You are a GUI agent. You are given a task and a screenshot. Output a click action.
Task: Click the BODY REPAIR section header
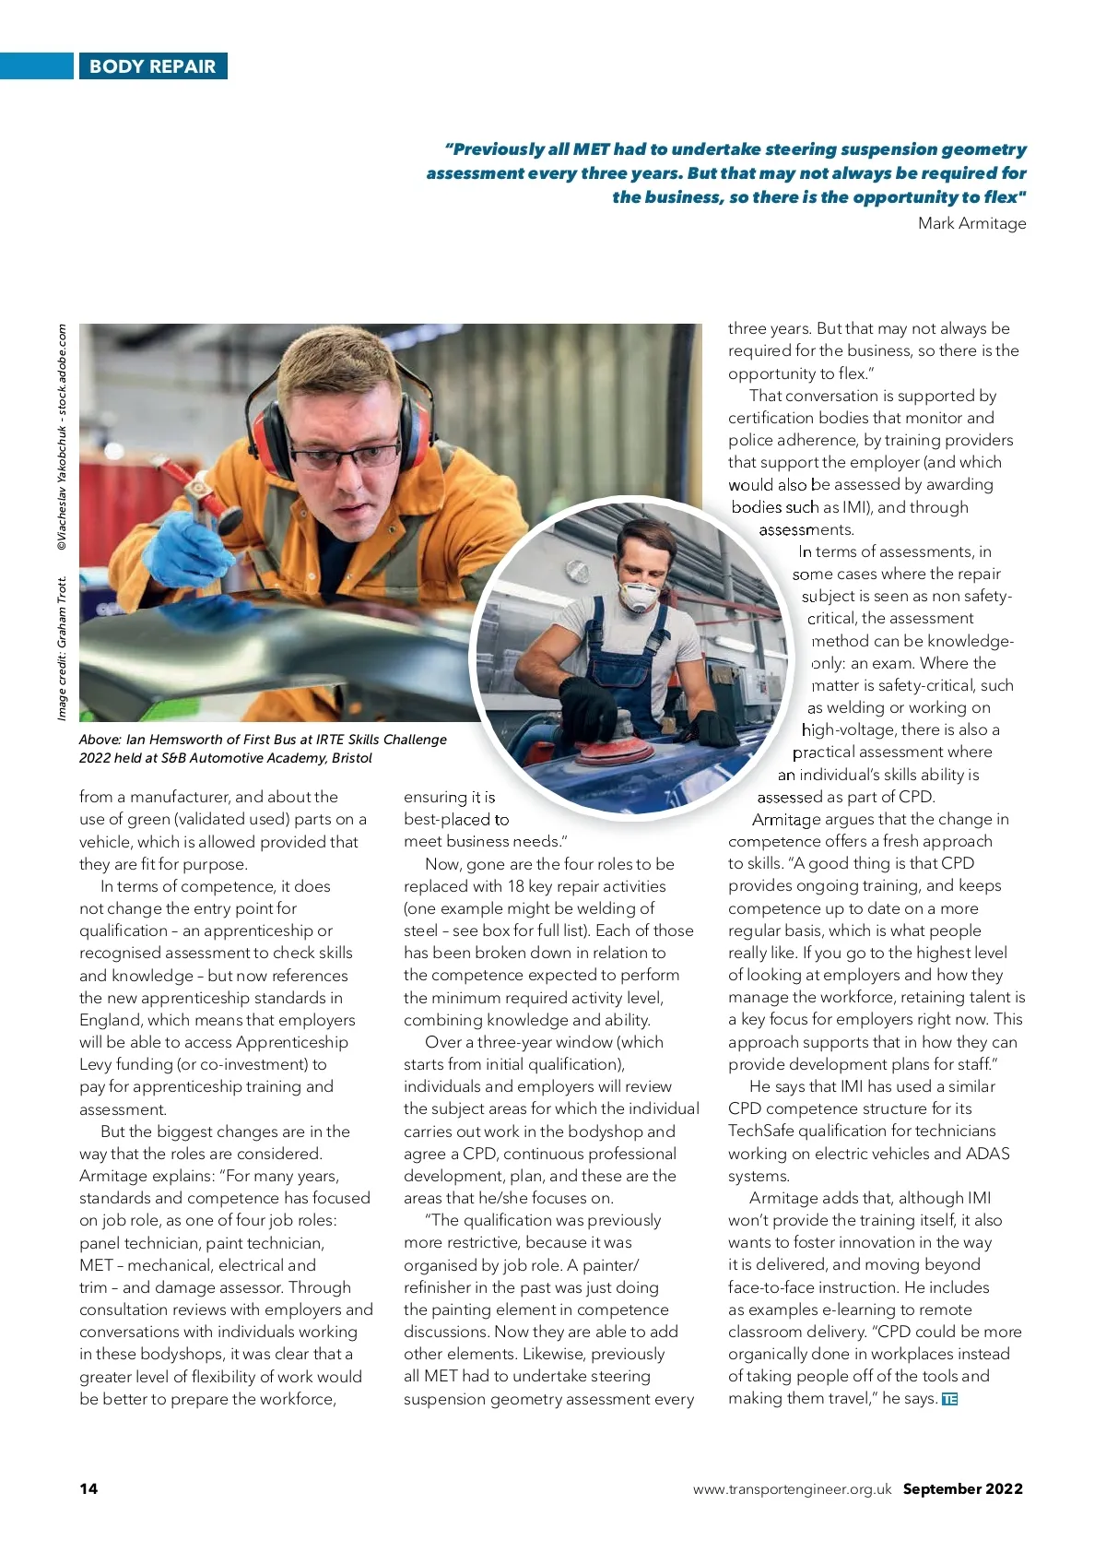[x=152, y=66]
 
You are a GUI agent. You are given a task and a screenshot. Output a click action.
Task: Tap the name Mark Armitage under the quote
[x=971, y=223]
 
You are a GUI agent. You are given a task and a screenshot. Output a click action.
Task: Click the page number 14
[x=88, y=1488]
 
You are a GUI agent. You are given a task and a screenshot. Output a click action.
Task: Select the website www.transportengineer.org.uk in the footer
[x=792, y=1489]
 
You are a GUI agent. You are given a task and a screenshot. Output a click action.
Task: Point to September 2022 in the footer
[x=962, y=1488]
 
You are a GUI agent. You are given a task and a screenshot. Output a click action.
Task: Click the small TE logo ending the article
[x=950, y=1399]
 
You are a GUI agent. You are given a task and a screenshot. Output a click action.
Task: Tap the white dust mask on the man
[x=639, y=596]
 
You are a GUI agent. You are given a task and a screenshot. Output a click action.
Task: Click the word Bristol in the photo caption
[x=352, y=758]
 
